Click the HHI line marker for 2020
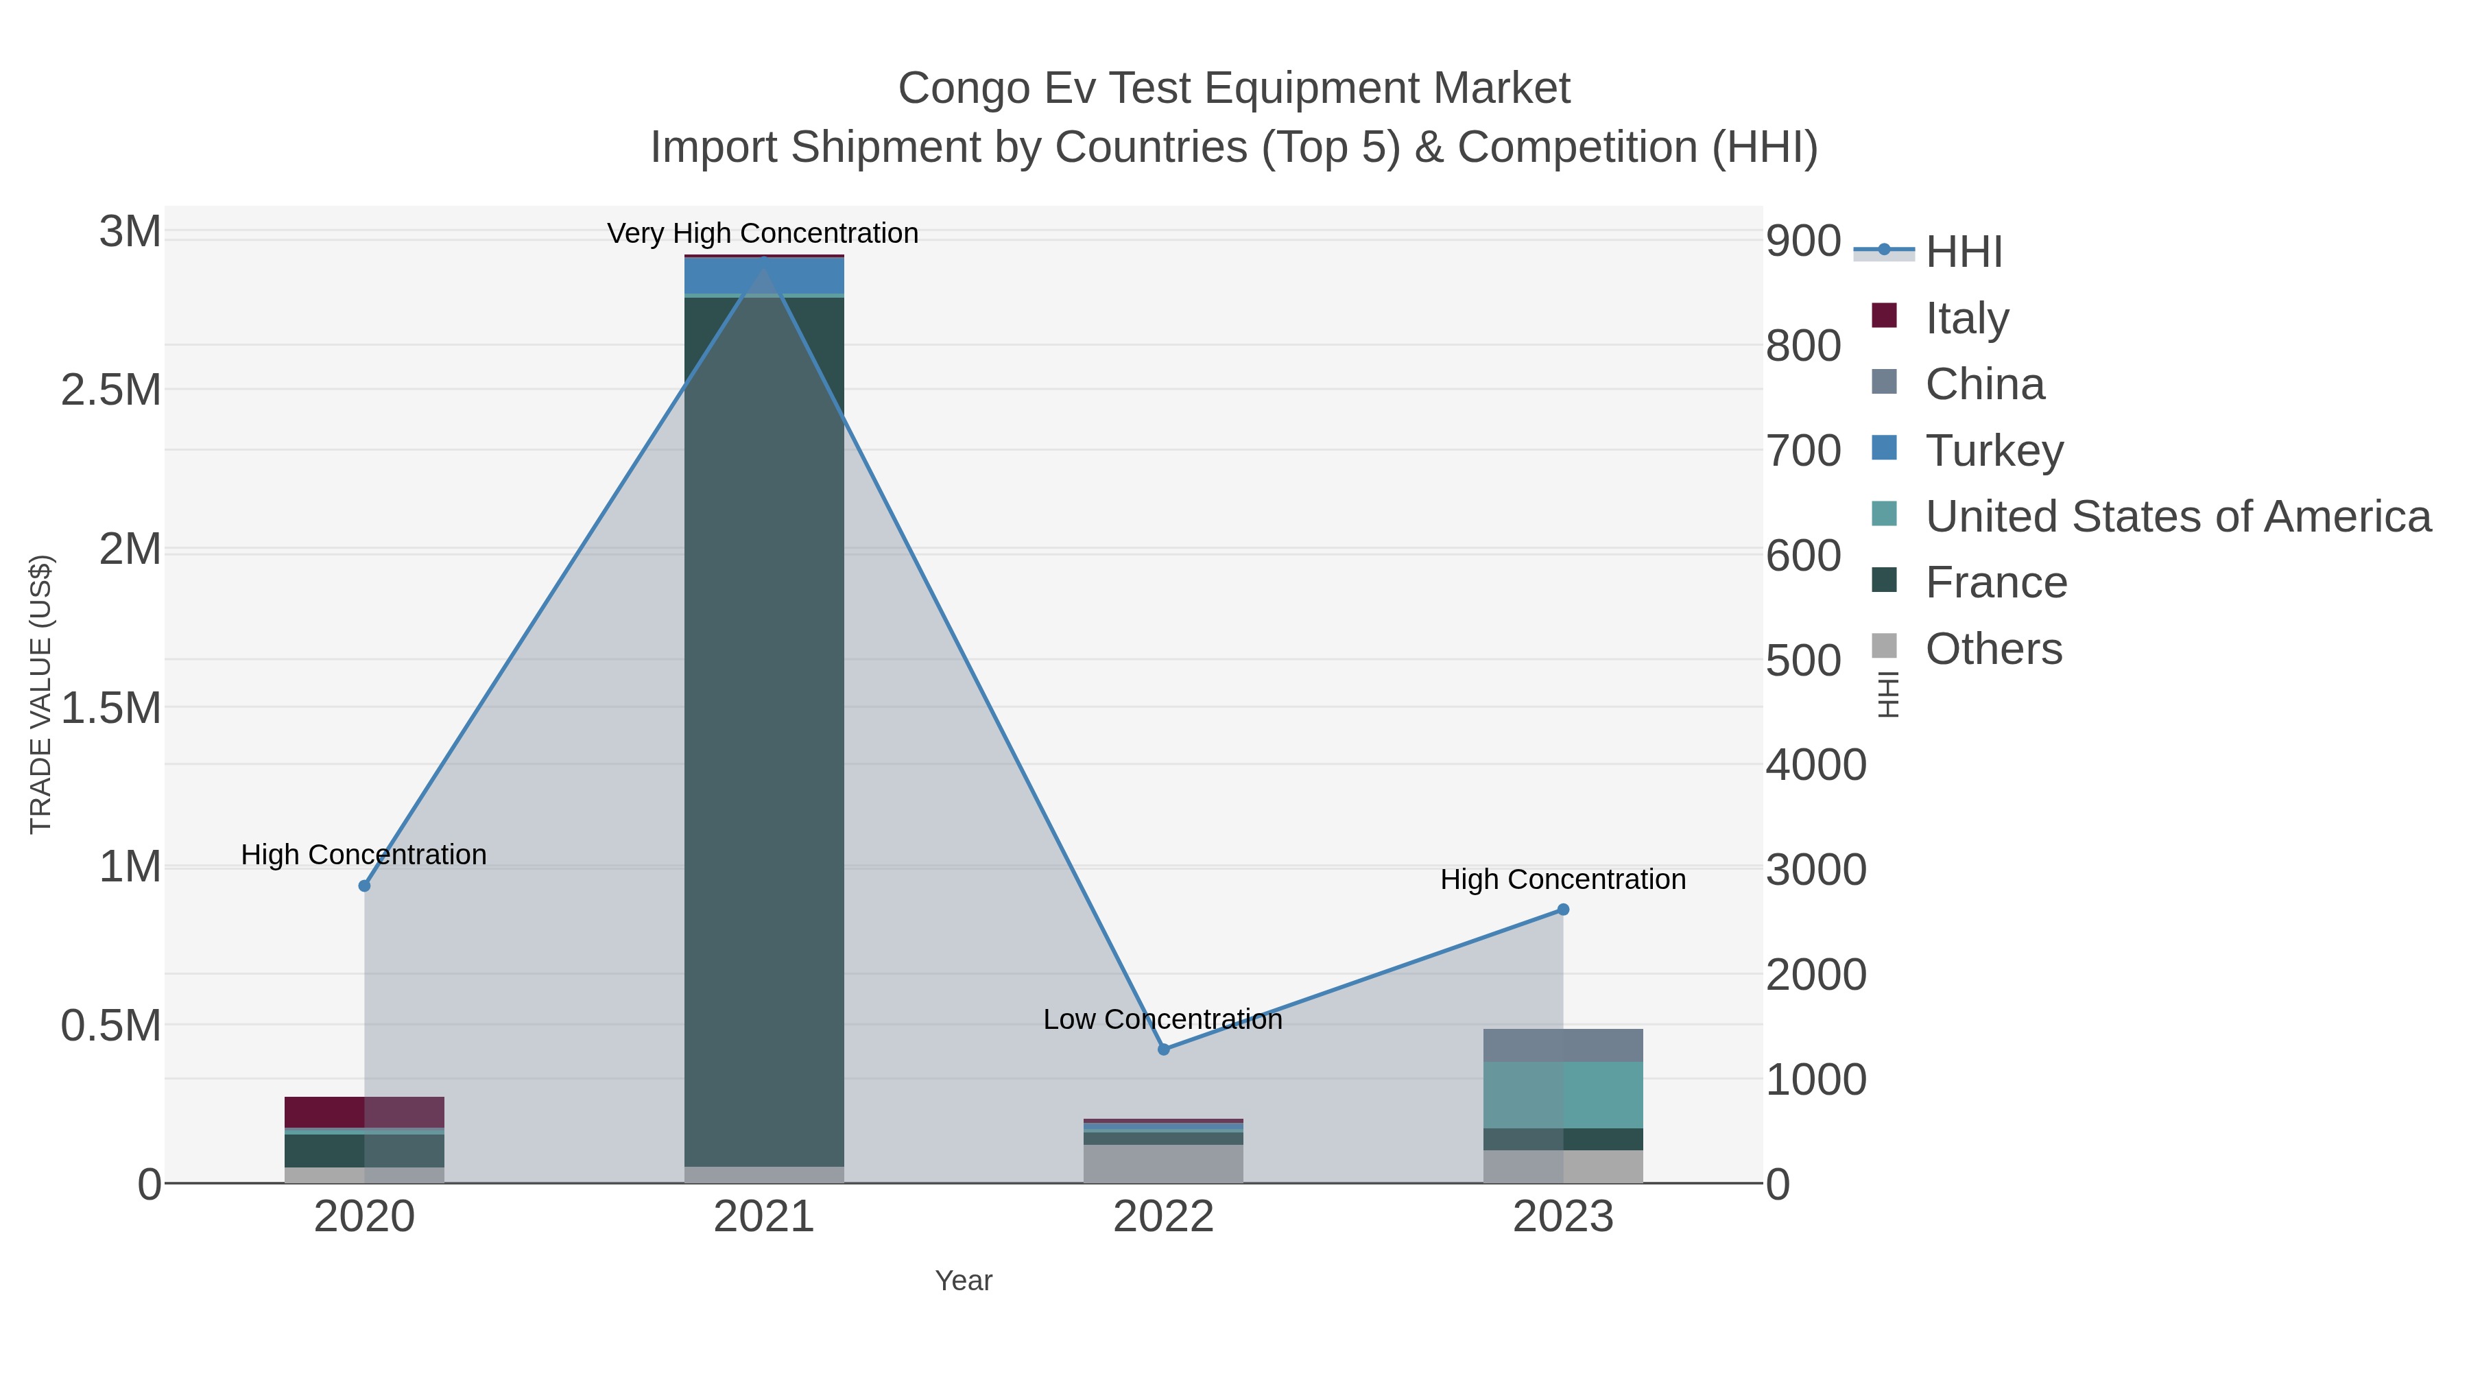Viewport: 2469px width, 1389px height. [364, 886]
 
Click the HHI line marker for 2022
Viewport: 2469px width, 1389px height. [1164, 1049]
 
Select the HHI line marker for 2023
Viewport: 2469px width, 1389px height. [1563, 910]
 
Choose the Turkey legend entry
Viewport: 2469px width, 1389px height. [1994, 451]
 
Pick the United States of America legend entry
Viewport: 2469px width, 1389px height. [2177, 517]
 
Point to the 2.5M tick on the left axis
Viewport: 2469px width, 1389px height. [111, 390]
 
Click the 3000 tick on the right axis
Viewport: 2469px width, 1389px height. [1815, 870]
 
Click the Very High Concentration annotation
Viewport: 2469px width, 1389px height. [763, 233]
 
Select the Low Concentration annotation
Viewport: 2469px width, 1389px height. [1162, 1019]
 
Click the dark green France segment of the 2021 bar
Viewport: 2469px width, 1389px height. [764, 728]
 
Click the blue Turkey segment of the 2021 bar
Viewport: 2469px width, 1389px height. [764, 275]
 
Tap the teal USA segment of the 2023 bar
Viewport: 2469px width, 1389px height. [1563, 1095]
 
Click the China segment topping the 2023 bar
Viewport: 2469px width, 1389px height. [1563, 1045]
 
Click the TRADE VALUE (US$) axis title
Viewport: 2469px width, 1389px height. [41, 694]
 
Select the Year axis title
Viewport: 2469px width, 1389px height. [964, 1281]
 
